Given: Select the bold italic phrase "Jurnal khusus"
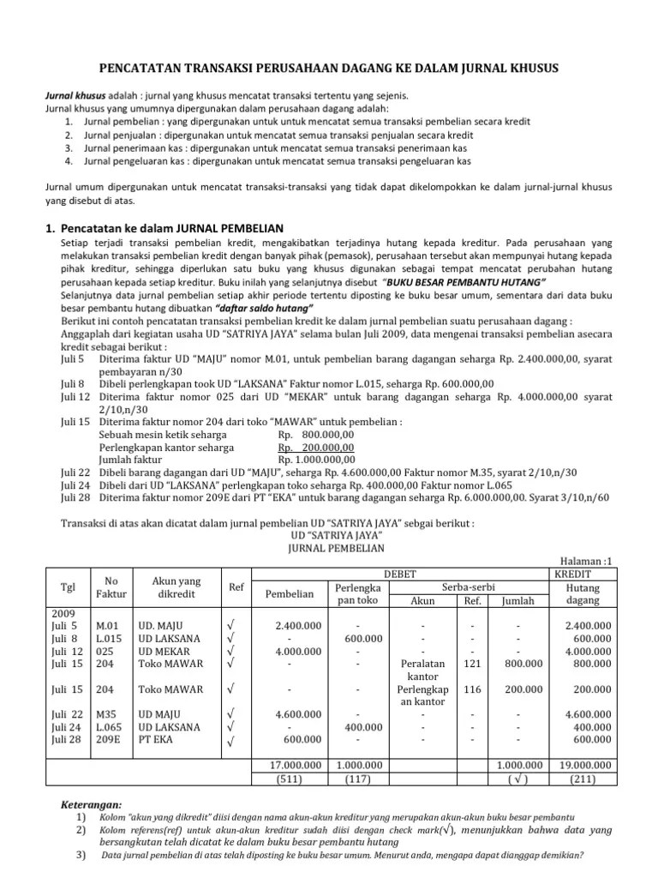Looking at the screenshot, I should coord(73,96).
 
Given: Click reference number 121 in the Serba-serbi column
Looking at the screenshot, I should coord(472,663).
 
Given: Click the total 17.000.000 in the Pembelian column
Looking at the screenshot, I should coord(292,765).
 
